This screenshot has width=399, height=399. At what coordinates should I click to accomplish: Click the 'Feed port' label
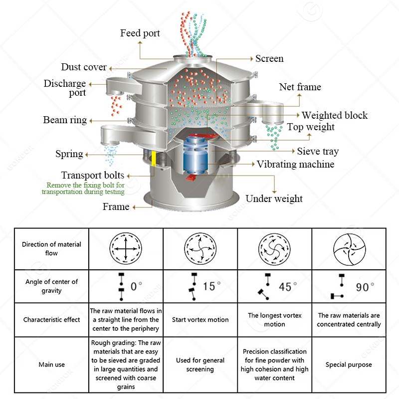[x=140, y=33]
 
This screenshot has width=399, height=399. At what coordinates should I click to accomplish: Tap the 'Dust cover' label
[x=84, y=67]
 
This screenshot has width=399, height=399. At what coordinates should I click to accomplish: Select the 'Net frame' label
[x=300, y=87]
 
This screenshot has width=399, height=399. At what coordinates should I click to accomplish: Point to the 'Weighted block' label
[x=334, y=115]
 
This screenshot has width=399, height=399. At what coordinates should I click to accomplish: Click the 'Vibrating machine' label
[x=295, y=164]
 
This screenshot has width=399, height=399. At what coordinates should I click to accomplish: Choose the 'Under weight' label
[x=274, y=199]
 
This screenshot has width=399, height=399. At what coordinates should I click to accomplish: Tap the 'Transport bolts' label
[x=92, y=175]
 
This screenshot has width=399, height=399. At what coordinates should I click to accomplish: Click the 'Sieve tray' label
[x=318, y=151]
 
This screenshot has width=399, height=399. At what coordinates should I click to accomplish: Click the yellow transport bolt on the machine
[x=154, y=158]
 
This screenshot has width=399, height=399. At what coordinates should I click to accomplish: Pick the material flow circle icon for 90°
[x=349, y=248]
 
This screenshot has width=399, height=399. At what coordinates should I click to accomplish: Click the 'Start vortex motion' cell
[x=200, y=320]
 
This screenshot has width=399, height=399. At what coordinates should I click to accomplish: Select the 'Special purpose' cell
[x=349, y=365]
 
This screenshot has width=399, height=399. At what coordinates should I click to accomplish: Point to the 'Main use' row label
[x=52, y=365]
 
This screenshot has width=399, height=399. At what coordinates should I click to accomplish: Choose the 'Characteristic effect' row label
[x=52, y=320]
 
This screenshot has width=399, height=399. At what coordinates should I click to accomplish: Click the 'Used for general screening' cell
[x=200, y=365]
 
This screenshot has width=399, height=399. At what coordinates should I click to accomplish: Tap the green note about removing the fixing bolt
[x=83, y=188]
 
